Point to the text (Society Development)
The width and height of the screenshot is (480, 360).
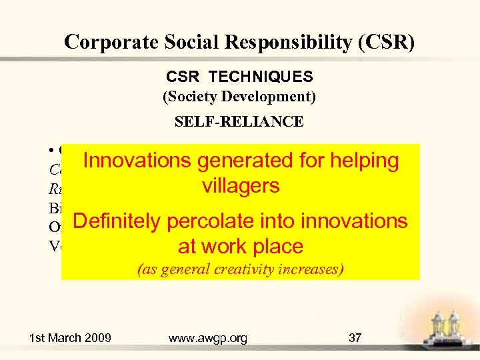(239, 97)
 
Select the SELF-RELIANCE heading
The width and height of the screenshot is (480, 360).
(239, 121)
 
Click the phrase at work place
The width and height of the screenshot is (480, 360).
(240, 246)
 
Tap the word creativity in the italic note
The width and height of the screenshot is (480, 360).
(255, 269)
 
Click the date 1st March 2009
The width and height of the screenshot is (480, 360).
(70, 338)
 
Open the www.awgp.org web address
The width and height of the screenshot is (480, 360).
(208, 338)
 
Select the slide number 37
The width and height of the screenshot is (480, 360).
(355, 338)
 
